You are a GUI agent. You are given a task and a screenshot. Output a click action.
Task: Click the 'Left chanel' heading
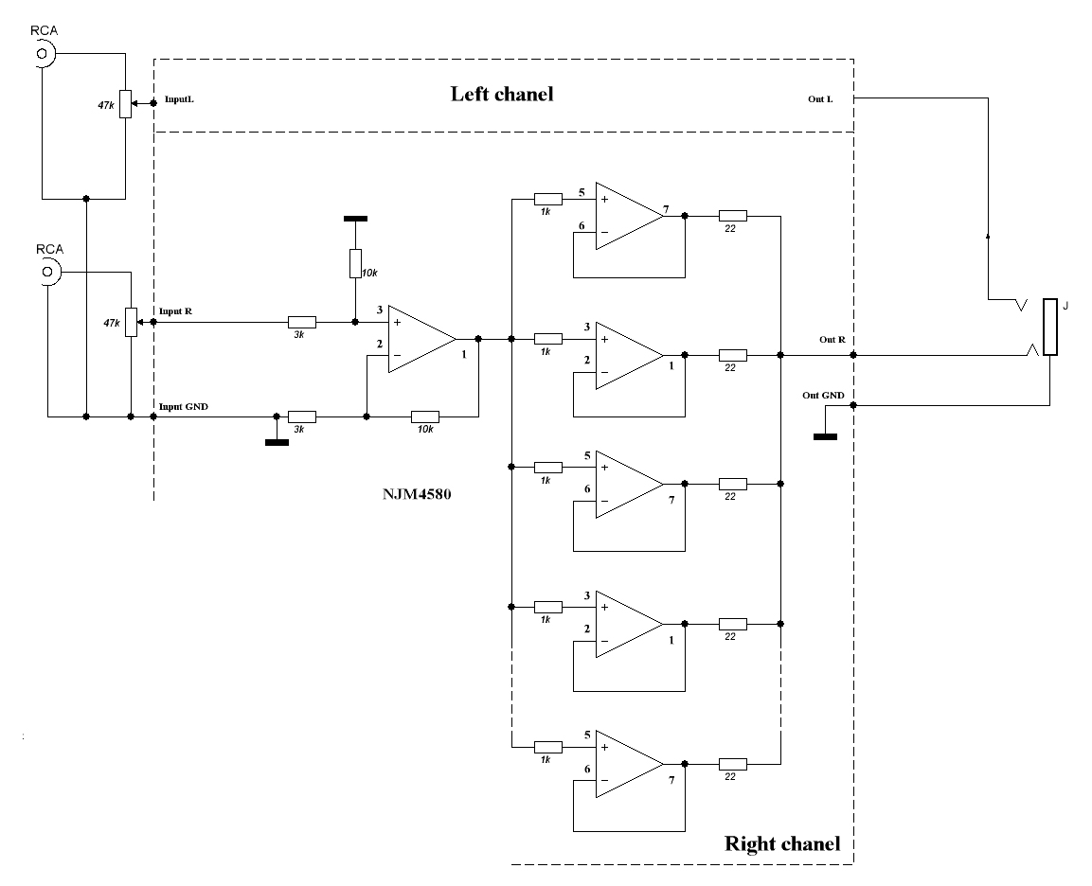tap(501, 94)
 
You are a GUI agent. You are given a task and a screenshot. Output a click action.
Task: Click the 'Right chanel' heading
tap(781, 843)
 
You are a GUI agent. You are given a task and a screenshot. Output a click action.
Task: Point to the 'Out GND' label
tap(822, 395)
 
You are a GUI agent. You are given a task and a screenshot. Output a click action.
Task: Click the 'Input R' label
tap(176, 311)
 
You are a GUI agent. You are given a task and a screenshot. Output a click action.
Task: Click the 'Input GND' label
tap(183, 406)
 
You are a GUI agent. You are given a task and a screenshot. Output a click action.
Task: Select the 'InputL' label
tap(179, 98)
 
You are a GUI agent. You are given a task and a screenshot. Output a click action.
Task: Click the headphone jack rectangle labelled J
tap(1049, 328)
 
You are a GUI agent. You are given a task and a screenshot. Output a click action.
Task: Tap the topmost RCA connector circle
tap(42, 55)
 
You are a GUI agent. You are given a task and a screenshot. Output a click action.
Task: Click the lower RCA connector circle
tap(47, 274)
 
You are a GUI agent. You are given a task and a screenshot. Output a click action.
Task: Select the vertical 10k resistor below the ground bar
tap(355, 262)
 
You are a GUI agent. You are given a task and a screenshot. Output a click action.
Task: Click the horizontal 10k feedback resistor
tap(425, 416)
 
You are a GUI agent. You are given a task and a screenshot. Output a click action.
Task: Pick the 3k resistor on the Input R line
tap(301, 322)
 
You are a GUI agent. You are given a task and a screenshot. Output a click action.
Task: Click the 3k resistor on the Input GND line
tap(301, 416)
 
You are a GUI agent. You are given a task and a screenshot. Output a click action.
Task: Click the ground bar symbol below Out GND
tap(825, 436)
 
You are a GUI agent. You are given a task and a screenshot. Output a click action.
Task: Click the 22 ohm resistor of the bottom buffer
tap(732, 763)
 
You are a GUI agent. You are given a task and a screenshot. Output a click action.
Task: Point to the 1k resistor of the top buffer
tap(547, 199)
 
